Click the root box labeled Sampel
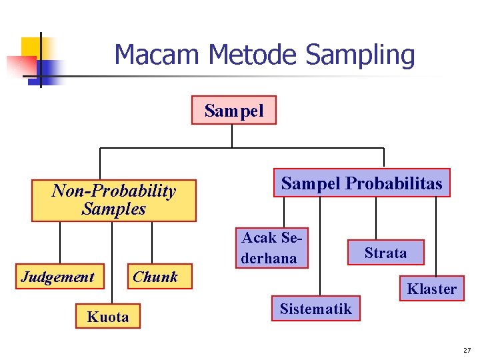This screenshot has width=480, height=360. point(233,111)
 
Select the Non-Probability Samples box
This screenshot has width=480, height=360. point(114,200)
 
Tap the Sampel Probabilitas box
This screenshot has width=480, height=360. point(361,183)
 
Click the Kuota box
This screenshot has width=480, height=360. point(108,317)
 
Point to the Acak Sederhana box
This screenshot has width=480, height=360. point(271,248)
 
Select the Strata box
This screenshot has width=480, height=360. point(385,253)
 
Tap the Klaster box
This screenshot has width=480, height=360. point(432,289)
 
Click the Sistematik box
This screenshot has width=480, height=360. point(315,309)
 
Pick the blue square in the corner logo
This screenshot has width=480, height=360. point(48,69)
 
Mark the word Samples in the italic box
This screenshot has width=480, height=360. point(114,209)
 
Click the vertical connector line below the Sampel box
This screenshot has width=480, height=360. point(232,135)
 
